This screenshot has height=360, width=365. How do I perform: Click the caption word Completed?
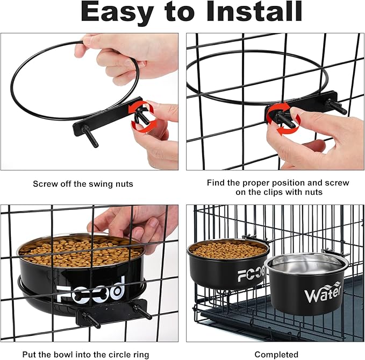click(x=276, y=355)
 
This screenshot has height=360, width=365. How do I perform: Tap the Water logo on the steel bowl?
click(x=323, y=292)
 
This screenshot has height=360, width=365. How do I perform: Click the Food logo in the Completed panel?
click(x=252, y=274)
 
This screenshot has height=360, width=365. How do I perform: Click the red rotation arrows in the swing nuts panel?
click(x=141, y=115)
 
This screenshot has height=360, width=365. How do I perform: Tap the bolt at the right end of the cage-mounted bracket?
click(x=337, y=106)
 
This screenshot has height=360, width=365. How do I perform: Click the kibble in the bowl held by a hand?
click(x=79, y=252)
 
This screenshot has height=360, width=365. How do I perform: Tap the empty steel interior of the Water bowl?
click(x=306, y=264)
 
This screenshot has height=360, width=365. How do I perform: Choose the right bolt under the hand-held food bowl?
click(x=142, y=312)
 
